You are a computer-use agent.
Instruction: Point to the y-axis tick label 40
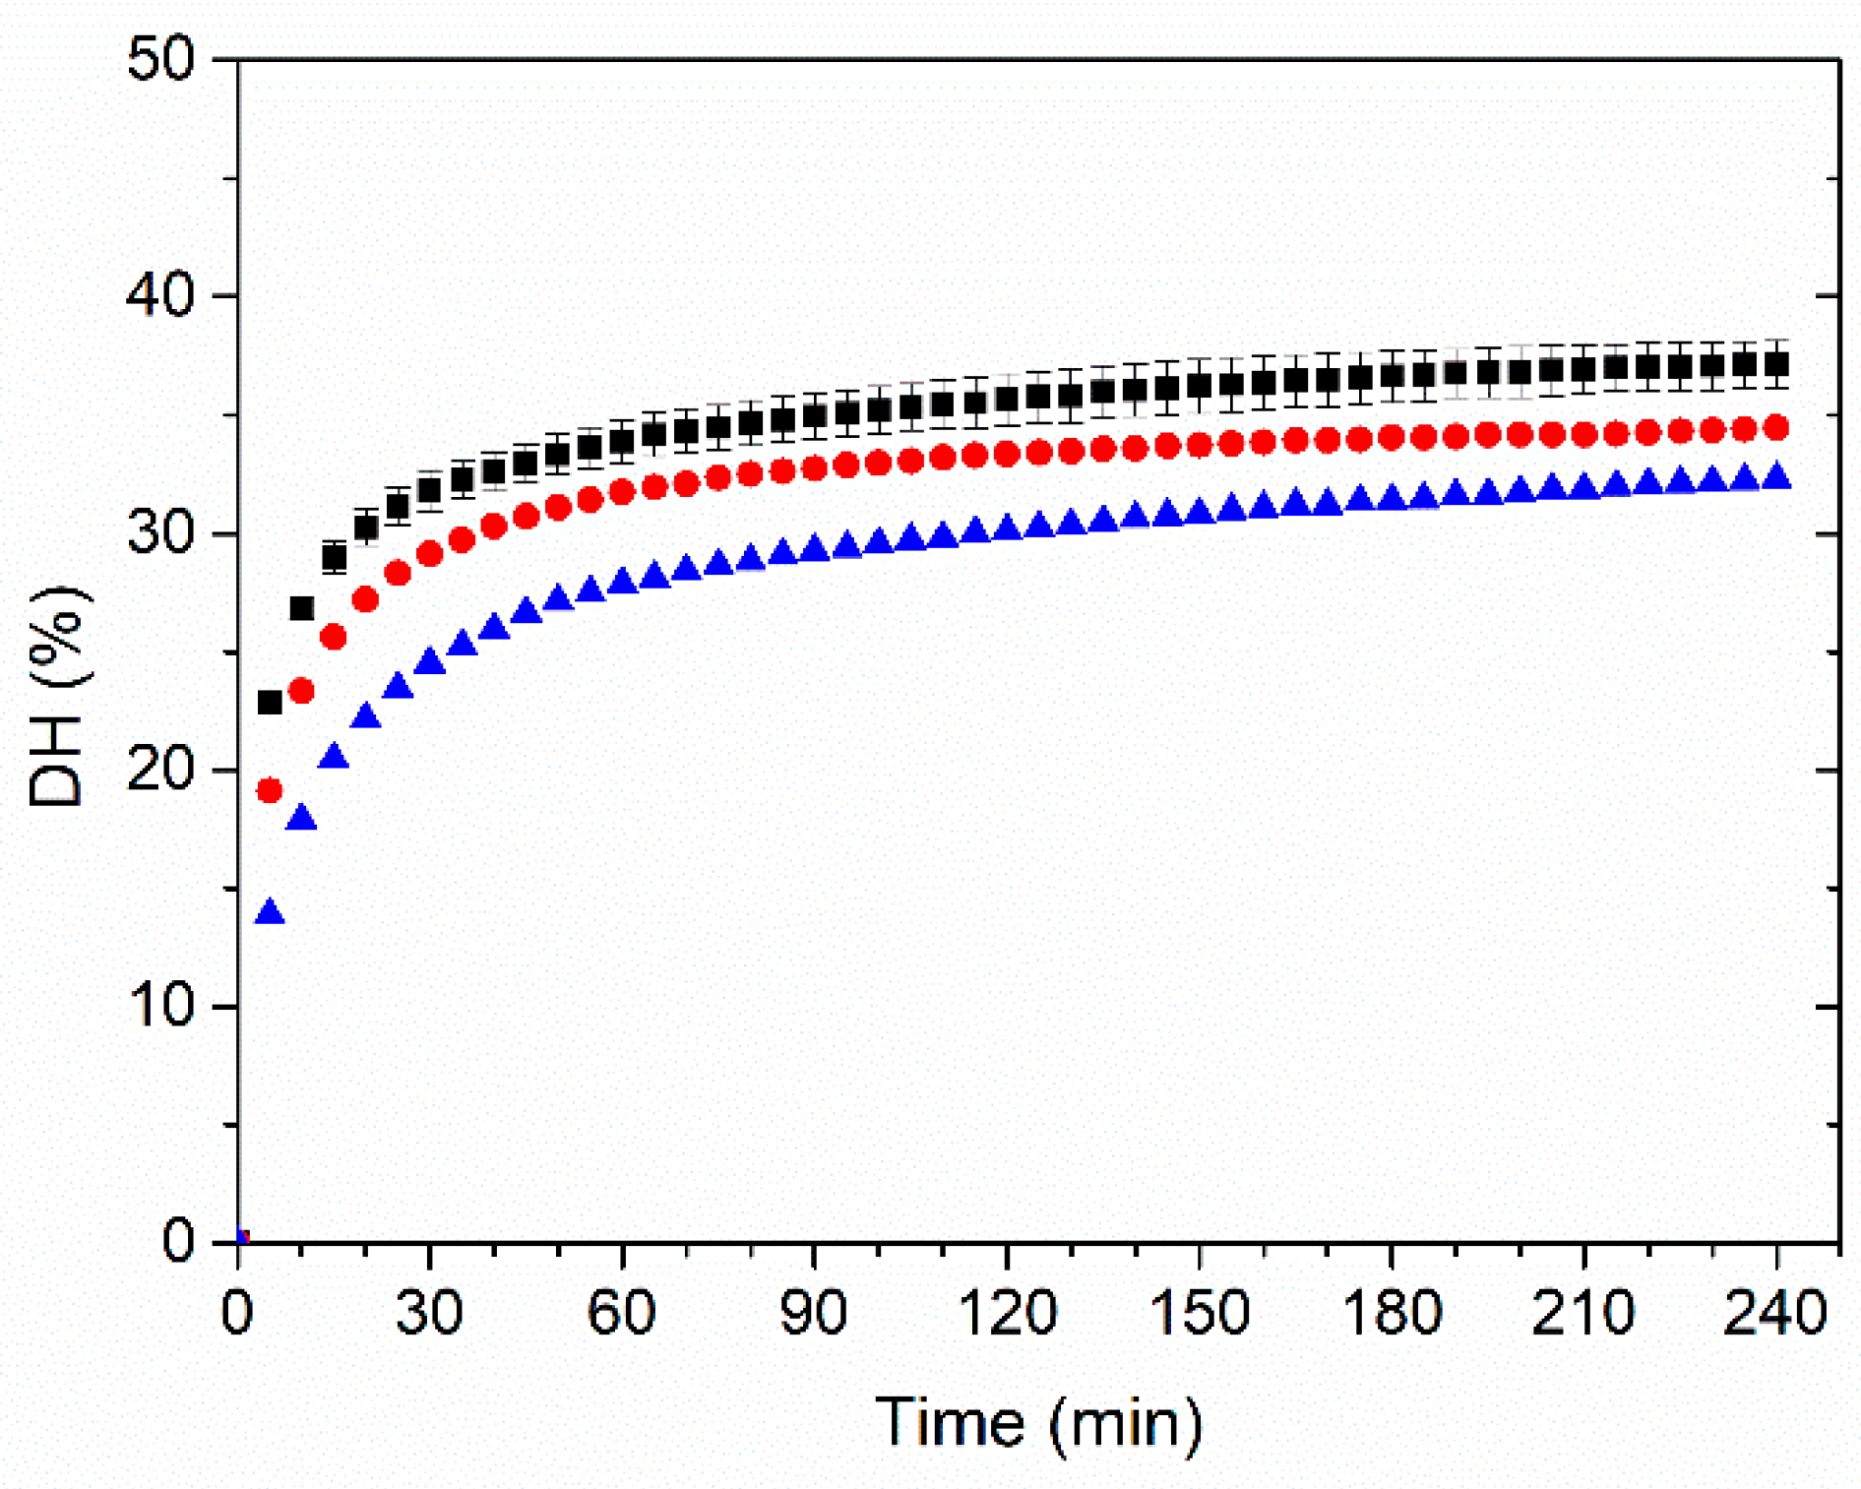point(161,295)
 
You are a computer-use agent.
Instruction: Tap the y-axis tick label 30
point(161,533)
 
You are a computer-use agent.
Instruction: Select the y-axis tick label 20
point(161,770)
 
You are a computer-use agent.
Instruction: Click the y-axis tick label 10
point(161,1006)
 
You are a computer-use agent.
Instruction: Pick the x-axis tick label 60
point(621,1312)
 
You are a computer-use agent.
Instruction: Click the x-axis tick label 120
point(1006,1312)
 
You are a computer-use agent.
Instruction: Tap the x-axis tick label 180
point(1391,1312)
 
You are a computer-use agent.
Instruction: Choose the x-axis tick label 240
point(1775,1312)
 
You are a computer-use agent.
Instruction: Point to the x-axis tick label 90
point(813,1312)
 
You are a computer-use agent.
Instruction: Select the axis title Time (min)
point(1038,1423)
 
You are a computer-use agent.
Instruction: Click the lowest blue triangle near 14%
point(270,913)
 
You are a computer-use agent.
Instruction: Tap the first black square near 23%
point(270,702)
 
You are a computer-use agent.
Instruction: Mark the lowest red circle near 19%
point(270,790)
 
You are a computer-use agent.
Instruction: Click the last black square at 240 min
point(1776,365)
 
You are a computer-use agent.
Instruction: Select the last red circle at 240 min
point(1776,427)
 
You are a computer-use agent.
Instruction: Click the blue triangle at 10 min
point(301,818)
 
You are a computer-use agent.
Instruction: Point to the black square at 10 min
point(301,608)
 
